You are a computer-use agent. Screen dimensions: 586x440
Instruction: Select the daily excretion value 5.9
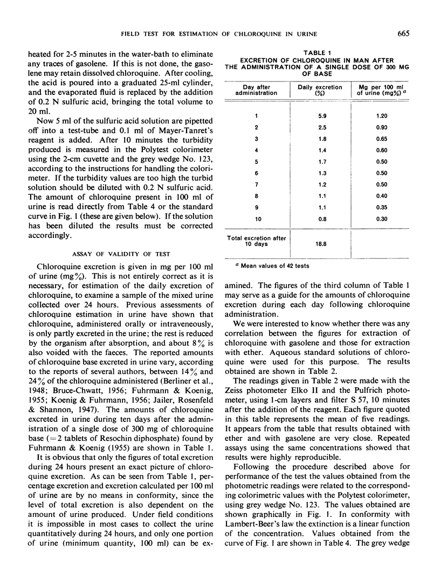[x=320, y=115]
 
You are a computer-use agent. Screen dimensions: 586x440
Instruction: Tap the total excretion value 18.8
[x=320, y=243]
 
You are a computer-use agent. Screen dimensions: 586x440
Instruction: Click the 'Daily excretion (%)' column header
[x=320, y=89]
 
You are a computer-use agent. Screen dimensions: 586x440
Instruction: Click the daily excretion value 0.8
[x=320, y=219]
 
